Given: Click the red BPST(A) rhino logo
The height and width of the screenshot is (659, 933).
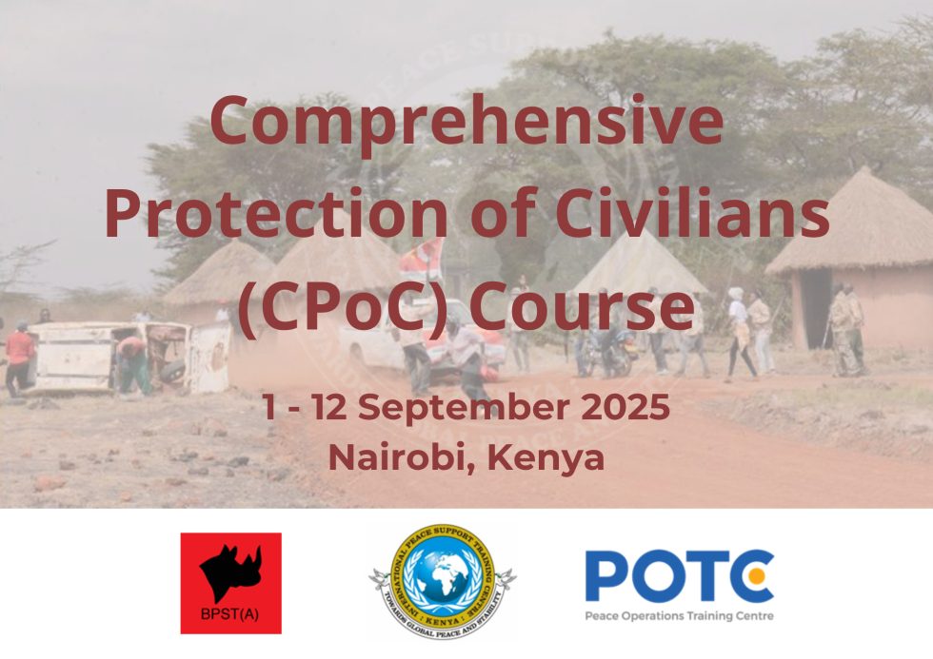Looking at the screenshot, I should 230,583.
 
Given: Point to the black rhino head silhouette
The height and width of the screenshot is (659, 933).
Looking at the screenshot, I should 229,571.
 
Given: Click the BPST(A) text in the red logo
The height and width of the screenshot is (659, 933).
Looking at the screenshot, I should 230,614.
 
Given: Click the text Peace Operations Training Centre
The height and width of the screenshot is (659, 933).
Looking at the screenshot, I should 679,615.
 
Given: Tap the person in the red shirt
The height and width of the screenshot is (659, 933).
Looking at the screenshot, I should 19,357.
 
